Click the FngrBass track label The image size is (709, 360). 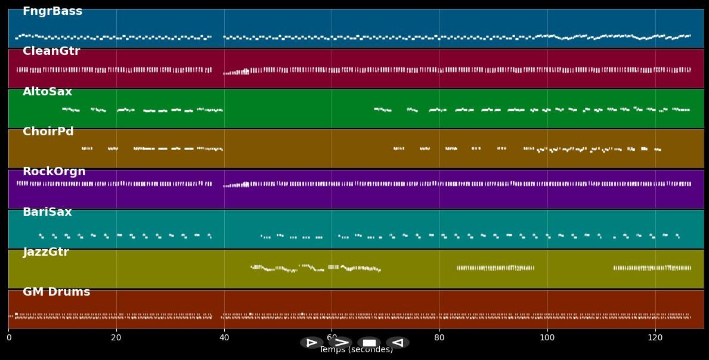(x=52, y=11)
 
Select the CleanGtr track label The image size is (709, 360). (x=51, y=51)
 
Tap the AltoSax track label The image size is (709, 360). (x=47, y=92)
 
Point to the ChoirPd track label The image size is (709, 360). (x=48, y=132)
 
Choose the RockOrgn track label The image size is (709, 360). (x=54, y=172)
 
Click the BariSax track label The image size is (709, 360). (x=47, y=212)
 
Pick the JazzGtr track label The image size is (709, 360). (x=46, y=252)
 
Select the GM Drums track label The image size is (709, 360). (x=57, y=292)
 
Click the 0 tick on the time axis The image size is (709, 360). (x=8, y=338)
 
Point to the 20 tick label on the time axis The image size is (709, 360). (x=116, y=338)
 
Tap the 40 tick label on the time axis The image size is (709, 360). (x=224, y=338)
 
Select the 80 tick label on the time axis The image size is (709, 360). (x=439, y=338)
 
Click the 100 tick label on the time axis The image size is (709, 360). (x=547, y=338)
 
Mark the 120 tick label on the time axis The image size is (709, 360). (x=655, y=338)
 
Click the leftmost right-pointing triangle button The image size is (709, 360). (x=312, y=343)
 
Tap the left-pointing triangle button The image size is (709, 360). (x=398, y=343)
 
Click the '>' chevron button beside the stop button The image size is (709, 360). (x=341, y=343)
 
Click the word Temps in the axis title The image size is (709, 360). (x=331, y=350)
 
